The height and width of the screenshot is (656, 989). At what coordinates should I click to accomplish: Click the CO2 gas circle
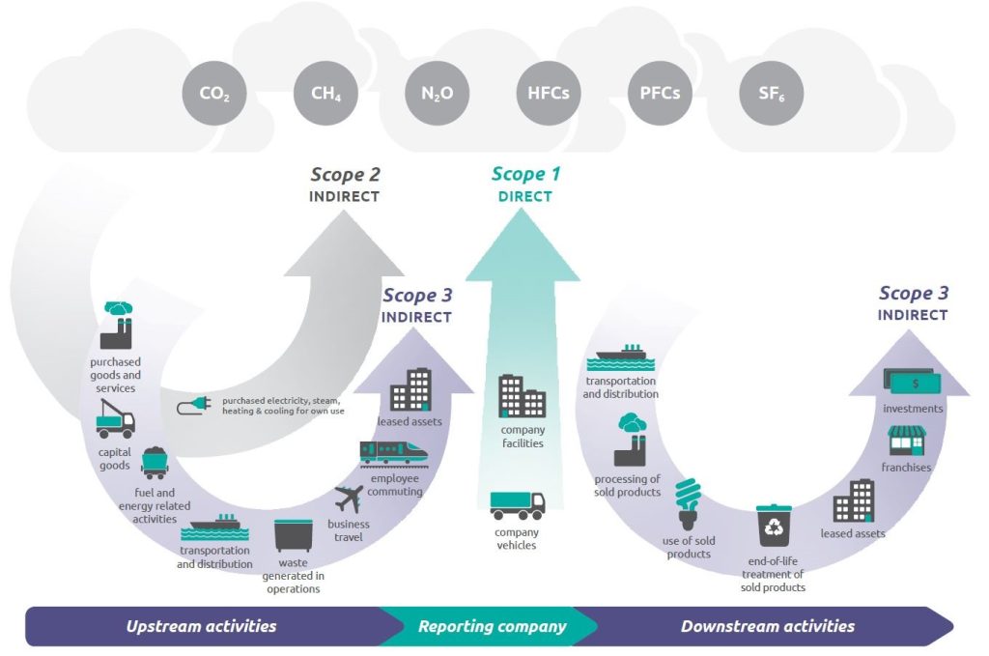click(x=213, y=94)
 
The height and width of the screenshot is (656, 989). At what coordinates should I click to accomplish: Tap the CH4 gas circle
click(x=325, y=94)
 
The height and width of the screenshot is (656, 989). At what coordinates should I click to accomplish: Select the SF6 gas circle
click(x=771, y=94)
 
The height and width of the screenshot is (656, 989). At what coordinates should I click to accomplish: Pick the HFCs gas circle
click(x=548, y=94)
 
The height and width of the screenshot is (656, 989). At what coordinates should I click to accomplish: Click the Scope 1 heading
click(x=525, y=174)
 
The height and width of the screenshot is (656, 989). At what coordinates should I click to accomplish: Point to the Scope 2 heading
click(x=345, y=175)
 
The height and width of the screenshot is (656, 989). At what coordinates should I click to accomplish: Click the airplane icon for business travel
click(x=348, y=499)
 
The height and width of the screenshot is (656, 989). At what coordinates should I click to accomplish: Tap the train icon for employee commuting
click(x=394, y=452)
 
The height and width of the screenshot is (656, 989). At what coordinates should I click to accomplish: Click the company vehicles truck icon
click(x=517, y=504)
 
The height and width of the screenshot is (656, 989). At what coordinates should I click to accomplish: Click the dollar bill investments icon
click(x=913, y=383)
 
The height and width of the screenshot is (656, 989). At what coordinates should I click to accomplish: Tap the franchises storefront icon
click(x=907, y=441)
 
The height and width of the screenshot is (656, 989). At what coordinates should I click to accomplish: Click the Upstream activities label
click(x=201, y=626)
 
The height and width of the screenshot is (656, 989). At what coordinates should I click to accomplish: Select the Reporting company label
click(x=492, y=626)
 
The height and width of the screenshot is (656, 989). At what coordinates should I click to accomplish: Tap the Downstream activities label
click(x=767, y=626)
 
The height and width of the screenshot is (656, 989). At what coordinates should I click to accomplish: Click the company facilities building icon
click(x=522, y=396)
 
